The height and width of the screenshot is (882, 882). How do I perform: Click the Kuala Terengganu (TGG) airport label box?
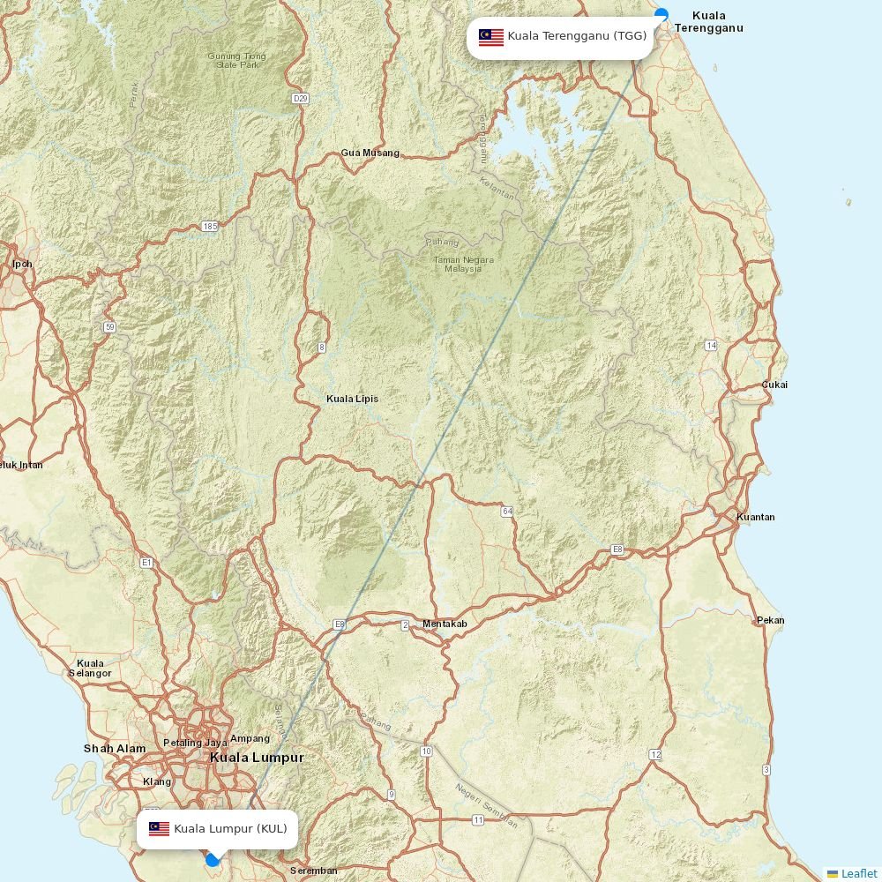coord(561,37)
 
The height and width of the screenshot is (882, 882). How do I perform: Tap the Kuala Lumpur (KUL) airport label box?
coord(217,829)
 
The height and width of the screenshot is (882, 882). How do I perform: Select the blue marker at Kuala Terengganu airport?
coord(661,14)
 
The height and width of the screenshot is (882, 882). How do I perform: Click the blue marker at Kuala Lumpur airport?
coord(212,859)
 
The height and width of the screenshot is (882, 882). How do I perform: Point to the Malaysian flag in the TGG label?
coord(491,37)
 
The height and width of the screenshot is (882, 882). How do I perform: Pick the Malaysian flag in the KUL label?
coord(159,829)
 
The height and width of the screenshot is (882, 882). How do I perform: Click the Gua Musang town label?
coord(370,153)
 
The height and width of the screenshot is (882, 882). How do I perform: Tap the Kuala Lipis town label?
coord(352,399)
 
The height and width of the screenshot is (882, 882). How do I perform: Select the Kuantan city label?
coord(755,517)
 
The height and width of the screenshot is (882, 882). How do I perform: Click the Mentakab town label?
coord(445,624)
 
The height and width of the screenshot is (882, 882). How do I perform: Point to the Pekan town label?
coord(770,621)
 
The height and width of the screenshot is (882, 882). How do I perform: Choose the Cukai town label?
coord(774,385)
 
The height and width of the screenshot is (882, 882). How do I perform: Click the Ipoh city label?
coord(22,264)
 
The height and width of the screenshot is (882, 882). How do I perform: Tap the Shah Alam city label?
coord(115,749)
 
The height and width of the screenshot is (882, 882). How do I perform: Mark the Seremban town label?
coord(313,871)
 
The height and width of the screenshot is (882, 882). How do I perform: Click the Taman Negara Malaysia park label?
coord(463,265)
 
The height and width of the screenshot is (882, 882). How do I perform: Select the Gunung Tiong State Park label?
coord(236,61)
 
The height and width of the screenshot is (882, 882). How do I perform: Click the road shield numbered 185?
coord(209,227)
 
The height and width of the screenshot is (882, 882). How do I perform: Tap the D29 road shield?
coord(300,98)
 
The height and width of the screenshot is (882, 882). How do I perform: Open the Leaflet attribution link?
coord(858,873)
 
